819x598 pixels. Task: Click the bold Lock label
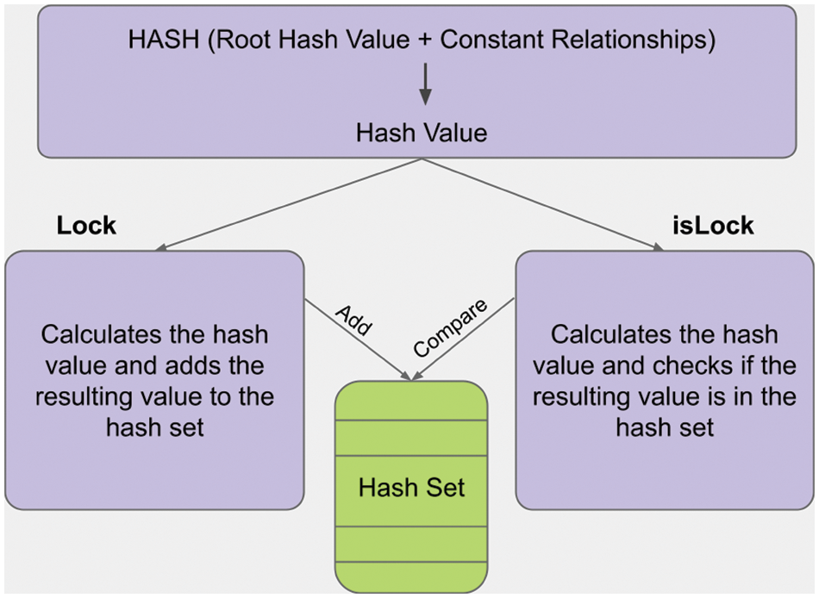tap(86, 226)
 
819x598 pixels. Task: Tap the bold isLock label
tap(713, 226)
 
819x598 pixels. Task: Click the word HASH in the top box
tap(164, 40)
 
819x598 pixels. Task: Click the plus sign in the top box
tap(425, 40)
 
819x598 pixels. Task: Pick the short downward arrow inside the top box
tap(425, 84)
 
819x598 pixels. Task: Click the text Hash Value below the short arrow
tap(422, 133)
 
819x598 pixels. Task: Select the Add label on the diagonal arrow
tap(354, 320)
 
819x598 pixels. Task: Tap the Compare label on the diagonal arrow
tap(450, 328)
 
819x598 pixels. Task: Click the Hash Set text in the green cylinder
tap(411, 488)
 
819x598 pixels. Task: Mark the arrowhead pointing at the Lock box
tap(161, 247)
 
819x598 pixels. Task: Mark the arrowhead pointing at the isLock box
tap(657, 247)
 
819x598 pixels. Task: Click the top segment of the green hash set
tap(411, 401)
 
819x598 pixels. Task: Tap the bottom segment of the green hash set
tap(411, 577)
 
